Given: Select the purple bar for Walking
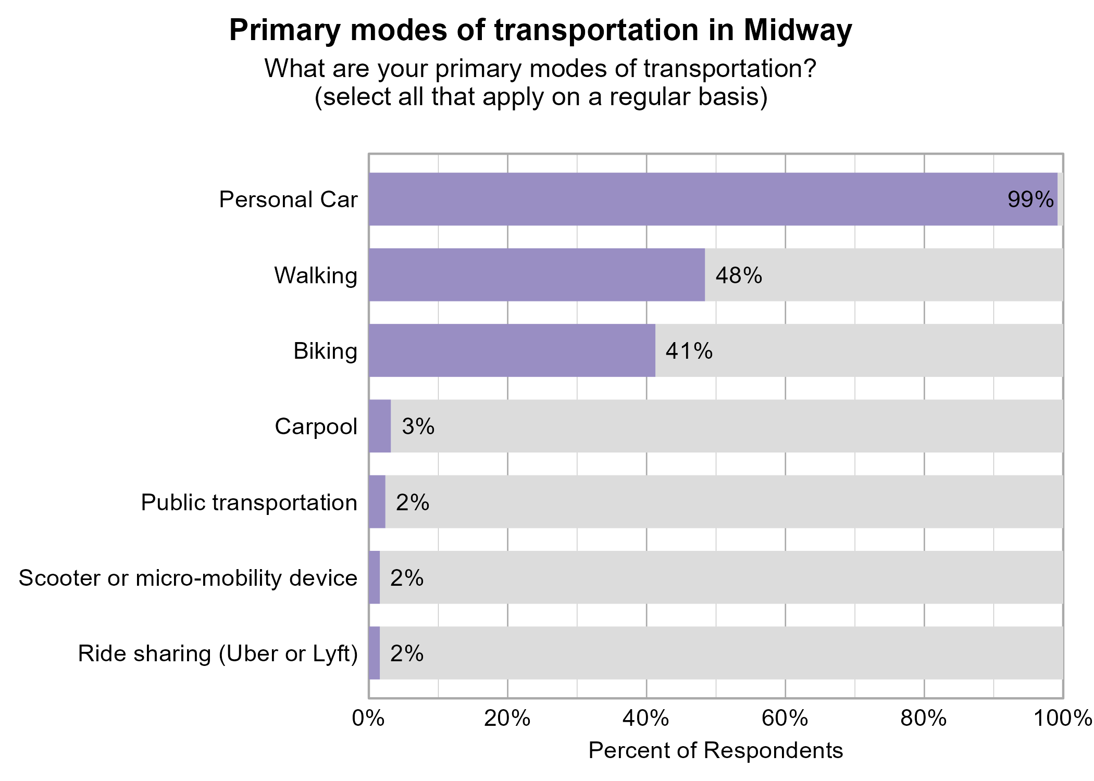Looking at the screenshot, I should tap(537, 275).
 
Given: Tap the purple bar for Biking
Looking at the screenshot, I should tap(512, 350).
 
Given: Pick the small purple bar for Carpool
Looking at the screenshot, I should tap(380, 426).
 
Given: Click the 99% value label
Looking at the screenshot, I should tap(1030, 199).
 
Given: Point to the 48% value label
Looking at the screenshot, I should tap(738, 275).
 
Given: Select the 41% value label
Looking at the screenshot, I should tap(689, 351).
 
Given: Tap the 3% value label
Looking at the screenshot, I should tap(418, 426).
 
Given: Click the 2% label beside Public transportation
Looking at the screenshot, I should tap(412, 502).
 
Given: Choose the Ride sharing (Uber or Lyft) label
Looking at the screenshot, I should tap(218, 653).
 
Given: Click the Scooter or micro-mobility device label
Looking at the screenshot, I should tap(188, 578).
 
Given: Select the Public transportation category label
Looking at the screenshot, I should tap(249, 502).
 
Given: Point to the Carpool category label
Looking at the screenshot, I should tap(316, 426).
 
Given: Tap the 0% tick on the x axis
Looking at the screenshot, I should tap(368, 719).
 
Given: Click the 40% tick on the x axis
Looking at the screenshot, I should tap(646, 719).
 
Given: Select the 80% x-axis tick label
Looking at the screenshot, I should tap(924, 719).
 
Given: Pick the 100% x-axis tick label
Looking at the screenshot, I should tap(1062, 719).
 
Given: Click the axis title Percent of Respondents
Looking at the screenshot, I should tap(715, 751).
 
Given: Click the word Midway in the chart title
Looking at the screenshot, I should tap(798, 30).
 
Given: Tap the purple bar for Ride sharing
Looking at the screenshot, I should tap(374, 653).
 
